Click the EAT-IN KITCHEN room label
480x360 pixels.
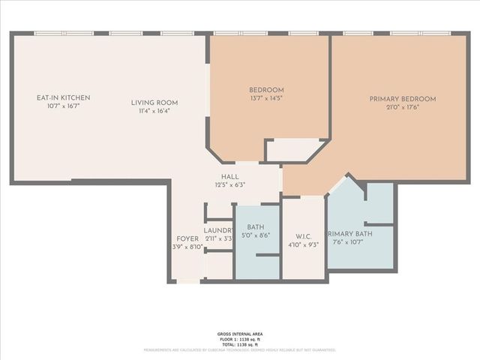64,98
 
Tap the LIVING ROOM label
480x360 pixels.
154,103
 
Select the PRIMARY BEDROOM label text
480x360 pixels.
402,99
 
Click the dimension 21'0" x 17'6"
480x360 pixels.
402,107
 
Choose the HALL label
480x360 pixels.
229,176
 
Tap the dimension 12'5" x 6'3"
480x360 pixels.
229,184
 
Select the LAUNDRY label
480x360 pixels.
218,230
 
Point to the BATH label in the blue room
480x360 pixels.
255,226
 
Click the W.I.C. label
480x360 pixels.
304,235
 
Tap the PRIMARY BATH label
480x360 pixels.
349,234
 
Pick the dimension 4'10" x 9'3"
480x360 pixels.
304,244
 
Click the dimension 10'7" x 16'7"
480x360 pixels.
64,106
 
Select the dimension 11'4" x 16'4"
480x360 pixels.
154,111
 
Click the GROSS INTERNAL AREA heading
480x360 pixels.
240,333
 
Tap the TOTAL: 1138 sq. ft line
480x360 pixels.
240,343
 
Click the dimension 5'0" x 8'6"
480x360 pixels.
255,235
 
